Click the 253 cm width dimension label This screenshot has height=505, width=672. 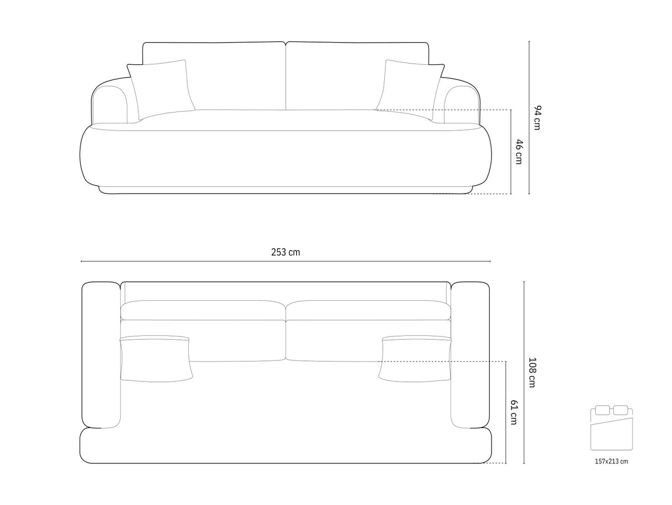click(286, 252)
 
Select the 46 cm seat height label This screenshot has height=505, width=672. click(519, 151)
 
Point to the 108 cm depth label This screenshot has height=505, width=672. click(531, 372)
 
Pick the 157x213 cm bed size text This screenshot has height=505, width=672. click(612, 461)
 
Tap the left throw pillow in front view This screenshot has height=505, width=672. click(161, 88)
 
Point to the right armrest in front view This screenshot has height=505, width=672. click(461, 103)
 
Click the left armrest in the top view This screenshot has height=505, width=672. click(101, 355)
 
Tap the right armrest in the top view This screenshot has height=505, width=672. click(471, 355)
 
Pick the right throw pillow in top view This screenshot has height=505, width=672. click(416, 359)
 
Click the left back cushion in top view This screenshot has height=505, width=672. click(203, 310)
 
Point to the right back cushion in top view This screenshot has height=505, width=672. click(369, 310)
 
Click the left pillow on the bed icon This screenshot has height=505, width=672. click(602, 410)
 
